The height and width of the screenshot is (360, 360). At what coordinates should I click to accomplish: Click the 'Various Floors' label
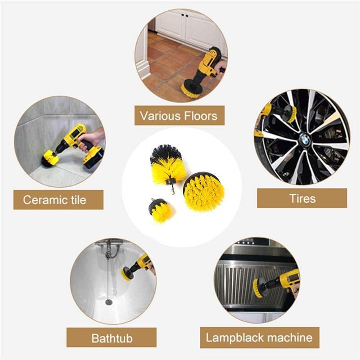[x=179, y=116]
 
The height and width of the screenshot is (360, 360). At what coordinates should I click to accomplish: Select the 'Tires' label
[x=302, y=198]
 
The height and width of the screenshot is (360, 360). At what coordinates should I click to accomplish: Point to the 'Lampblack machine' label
[x=259, y=337]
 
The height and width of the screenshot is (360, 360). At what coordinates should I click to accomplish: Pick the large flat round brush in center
[x=204, y=191]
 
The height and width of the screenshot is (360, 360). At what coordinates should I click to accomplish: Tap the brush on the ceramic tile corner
[x=49, y=158]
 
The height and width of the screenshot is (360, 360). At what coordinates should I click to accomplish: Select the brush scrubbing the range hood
[x=258, y=288]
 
